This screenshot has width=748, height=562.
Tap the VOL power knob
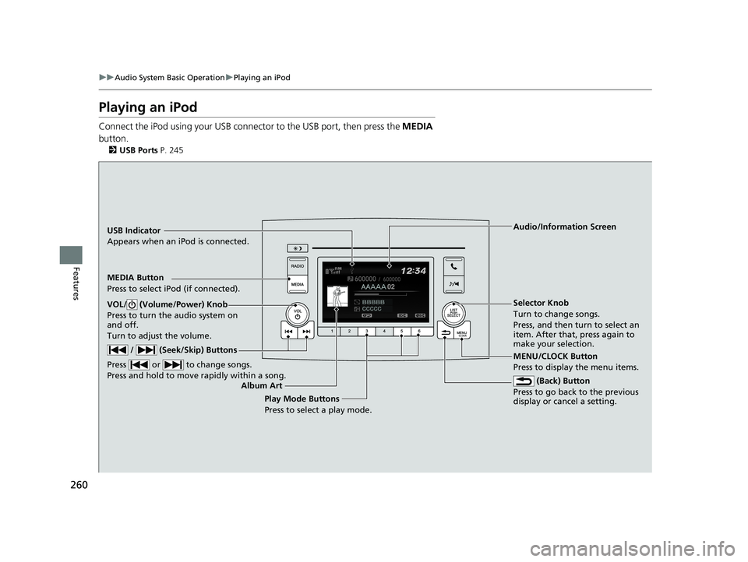[x=297, y=313]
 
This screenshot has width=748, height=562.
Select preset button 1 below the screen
[x=331, y=331]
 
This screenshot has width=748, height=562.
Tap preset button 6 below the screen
[x=418, y=331]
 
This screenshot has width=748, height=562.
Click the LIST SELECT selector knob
[x=453, y=313]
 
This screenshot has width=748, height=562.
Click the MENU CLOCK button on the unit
[x=461, y=332]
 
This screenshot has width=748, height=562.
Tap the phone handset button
[x=453, y=265]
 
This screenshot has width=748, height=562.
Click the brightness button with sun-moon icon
[x=298, y=248]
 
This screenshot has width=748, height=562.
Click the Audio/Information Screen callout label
[x=565, y=227]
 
